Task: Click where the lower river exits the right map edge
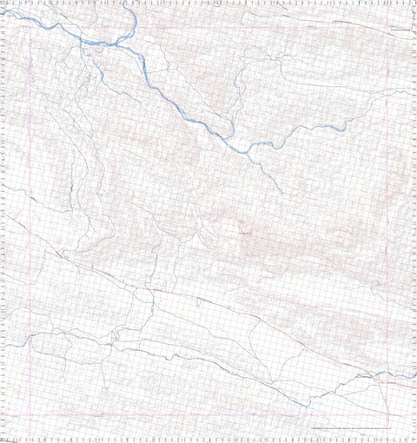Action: (x=414, y=378)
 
